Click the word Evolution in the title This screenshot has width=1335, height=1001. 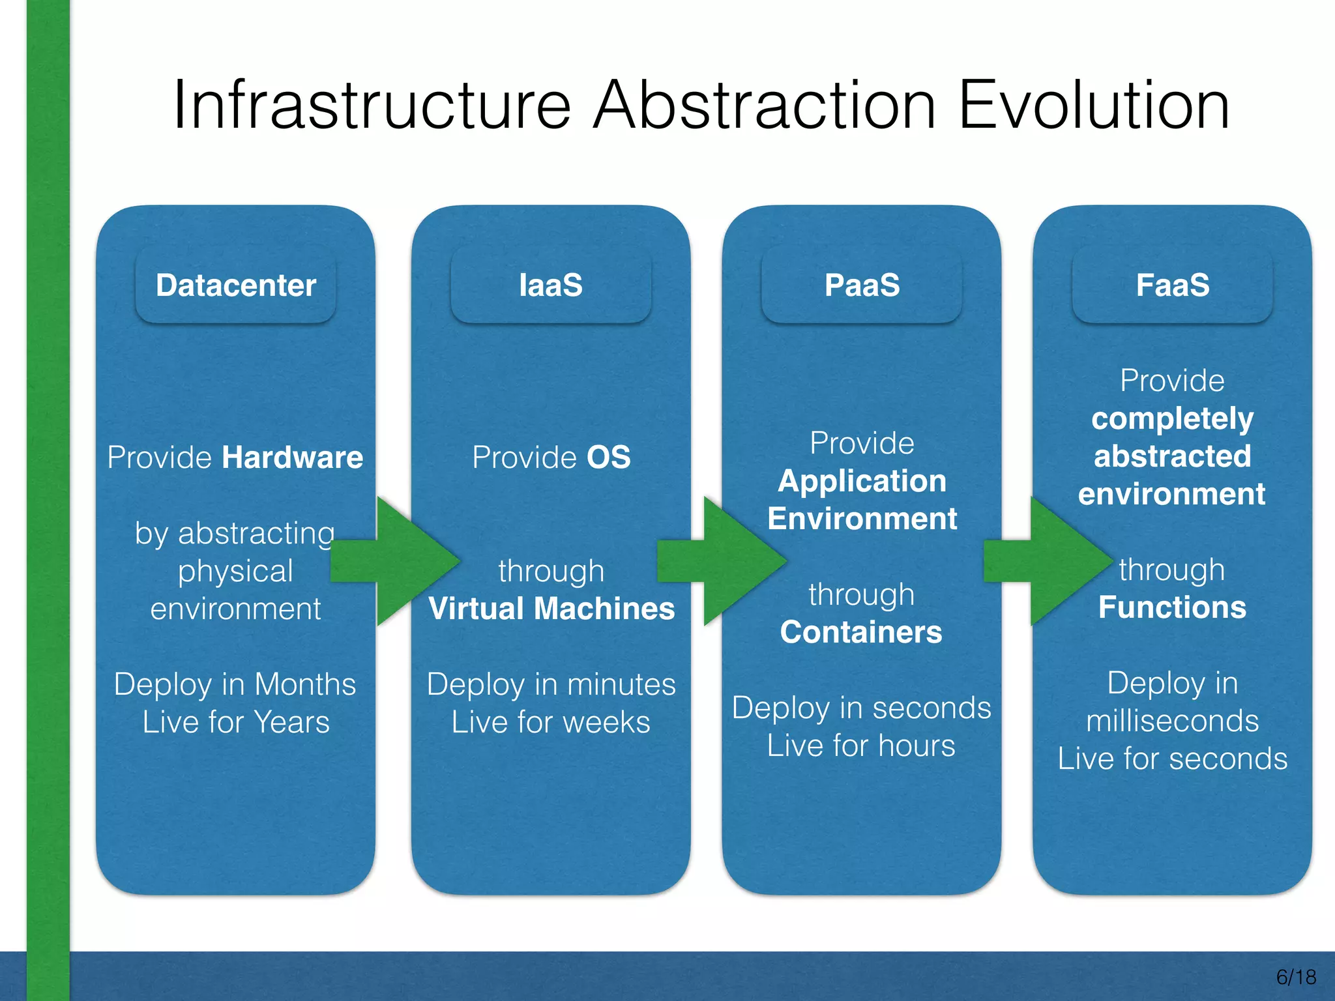coord(1093,106)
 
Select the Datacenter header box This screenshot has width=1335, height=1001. coord(235,285)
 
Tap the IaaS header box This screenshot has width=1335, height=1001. coord(551,285)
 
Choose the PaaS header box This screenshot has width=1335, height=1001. coord(862,285)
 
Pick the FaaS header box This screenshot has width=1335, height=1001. coord(1173,285)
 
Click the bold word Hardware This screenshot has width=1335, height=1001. coord(293,457)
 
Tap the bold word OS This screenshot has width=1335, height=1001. coord(609,457)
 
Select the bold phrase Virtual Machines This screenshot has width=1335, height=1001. coord(551,609)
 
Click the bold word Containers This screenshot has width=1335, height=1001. coord(861,632)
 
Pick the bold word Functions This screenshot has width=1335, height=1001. coord(1172,607)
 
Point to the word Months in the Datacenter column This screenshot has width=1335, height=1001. coord(305,684)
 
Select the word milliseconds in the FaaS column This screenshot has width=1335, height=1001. coord(1172,721)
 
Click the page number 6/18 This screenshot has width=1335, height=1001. coord(1296,977)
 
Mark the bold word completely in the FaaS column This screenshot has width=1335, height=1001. coord(1172,418)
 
